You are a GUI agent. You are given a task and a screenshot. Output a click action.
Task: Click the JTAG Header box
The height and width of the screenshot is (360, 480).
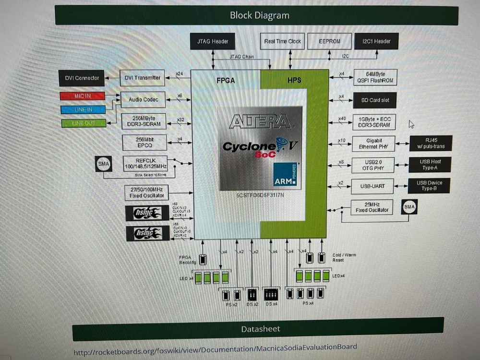pyautogui.click(x=209, y=41)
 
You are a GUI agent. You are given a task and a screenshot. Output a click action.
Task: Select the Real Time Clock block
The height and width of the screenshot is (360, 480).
pyautogui.click(x=282, y=41)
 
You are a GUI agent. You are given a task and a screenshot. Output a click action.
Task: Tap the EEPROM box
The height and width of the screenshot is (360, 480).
pyautogui.click(x=329, y=41)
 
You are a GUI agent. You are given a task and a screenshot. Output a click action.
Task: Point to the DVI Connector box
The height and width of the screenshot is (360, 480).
pyautogui.click(x=82, y=78)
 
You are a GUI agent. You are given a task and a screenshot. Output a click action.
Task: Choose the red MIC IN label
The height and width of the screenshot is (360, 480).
pyautogui.click(x=82, y=96)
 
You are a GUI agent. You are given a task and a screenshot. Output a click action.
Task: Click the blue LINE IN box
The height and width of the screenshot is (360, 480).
pyautogui.click(x=83, y=109)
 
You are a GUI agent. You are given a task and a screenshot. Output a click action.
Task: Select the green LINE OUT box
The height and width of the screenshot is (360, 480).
pyautogui.click(x=83, y=123)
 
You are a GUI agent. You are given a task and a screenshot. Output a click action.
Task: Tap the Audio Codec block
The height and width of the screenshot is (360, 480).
pyautogui.click(x=143, y=100)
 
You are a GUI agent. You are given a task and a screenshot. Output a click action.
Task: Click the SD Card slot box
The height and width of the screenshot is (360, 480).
pyautogui.click(x=375, y=100)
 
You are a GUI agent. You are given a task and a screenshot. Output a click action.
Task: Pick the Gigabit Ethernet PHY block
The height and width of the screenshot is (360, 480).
pyautogui.click(x=373, y=144)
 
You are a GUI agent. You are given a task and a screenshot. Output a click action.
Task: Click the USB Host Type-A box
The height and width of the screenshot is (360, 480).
pyautogui.click(x=430, y=164)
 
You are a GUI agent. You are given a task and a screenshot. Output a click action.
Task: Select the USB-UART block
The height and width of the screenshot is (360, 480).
pyautogui.click(x=373, y=185)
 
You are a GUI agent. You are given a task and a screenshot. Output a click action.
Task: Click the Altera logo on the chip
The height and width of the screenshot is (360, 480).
pyautogui.click(x=260, y=121)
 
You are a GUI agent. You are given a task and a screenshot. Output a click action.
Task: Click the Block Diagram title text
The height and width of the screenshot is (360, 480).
pyautogui.click(x=259, y=15)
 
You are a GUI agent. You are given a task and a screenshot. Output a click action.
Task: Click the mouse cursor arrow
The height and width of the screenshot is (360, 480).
pyautogui.click(x=411, y=124)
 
